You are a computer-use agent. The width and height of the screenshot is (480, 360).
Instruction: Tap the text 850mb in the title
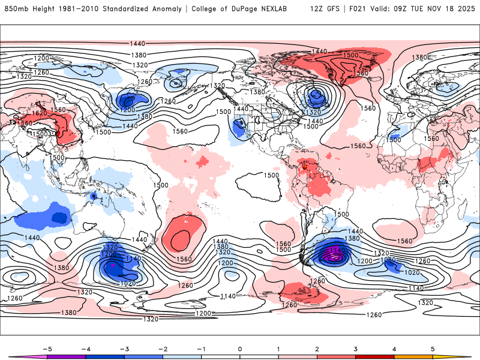(x=16, y=9)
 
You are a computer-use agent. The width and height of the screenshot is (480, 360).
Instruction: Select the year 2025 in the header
(x=464, y=9)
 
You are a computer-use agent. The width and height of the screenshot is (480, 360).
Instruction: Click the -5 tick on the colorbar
(x=46, y=348)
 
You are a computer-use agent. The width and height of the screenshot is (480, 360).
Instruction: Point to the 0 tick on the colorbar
(x=240, y=348)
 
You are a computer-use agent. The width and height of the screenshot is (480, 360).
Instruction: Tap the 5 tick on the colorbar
(x=433, y=348)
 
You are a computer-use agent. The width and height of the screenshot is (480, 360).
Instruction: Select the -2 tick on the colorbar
(x=163, y=348)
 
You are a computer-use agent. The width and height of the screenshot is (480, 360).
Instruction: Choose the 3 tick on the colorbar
(x=356, y=348)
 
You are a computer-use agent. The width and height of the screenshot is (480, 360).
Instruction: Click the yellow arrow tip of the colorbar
(x=466, y=357)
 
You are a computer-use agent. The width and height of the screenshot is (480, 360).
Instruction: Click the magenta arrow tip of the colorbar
(x=13, y=357)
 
